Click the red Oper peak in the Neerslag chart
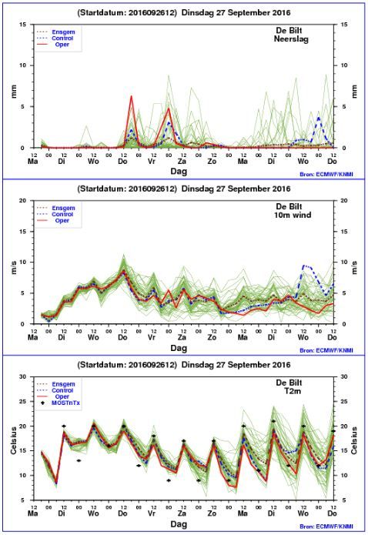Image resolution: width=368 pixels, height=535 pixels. (131, 96)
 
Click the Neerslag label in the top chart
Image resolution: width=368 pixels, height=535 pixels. (291, 39)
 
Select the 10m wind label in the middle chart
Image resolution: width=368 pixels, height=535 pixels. (293, 215)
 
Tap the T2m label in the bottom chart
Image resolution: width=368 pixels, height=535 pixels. (293, 391)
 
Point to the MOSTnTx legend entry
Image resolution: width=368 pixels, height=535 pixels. (65, 403)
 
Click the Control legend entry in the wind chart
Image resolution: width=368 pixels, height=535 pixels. (62, 214)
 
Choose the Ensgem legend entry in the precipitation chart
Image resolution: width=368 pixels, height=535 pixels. (63, 32)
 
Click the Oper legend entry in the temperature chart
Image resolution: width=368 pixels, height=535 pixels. (62, 396)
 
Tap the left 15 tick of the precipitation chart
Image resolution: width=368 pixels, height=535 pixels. (23, 24)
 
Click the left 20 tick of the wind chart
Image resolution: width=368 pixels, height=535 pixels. (22, 200)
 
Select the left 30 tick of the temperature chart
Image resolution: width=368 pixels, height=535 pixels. (22, 376)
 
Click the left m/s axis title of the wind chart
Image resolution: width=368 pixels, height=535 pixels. (14, 268)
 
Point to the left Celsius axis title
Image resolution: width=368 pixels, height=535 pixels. (14, 440)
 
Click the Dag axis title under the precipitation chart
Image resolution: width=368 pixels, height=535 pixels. (179, 172)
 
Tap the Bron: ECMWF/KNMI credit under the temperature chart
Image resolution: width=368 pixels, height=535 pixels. (326, 527)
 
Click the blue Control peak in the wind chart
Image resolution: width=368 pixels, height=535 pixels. (304, 266)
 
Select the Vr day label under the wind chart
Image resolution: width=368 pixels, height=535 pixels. (152, 337)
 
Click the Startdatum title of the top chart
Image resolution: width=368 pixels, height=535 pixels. (184, 12)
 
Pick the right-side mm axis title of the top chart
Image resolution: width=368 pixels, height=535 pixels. (354, 92)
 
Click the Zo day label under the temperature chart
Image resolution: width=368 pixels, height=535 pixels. (212, 513)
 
